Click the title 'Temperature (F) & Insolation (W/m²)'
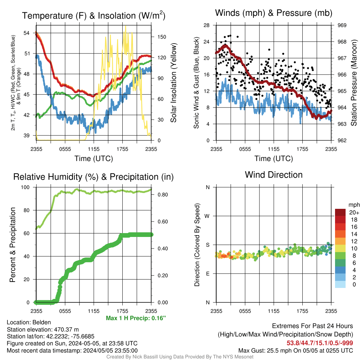point(94,15)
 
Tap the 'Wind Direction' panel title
point(274,175)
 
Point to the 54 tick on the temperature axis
point(27,33)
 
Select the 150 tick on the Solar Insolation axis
point(162,37)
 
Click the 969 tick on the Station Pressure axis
point(342,25)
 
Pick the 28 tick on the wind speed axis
point(206,25)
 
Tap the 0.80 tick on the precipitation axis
point(163,195)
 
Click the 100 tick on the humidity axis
point(25,187)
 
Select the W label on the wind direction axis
point(207,216)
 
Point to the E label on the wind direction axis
point(207,274)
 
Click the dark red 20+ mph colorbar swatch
point(340,212)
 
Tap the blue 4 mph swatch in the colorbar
point(340,270)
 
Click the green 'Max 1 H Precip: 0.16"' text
point(136,318)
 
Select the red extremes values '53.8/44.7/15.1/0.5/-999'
point(320,343)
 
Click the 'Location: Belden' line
point(29,322)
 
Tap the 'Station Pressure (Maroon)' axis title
point(354,83)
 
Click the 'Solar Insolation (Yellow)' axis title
point(174,83)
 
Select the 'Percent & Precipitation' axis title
point(12,245)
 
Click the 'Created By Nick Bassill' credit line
point(180,357)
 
